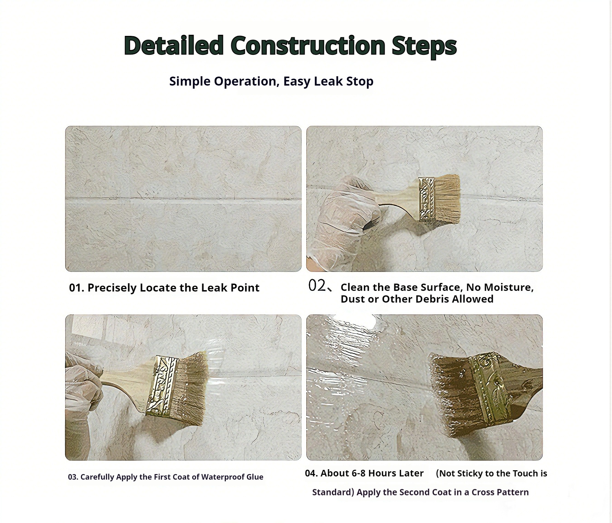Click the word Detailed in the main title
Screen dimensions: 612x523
(x=174, y=45)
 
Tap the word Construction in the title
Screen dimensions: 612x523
(x=308, y=45)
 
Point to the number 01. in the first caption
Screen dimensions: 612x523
(x=77, y=288)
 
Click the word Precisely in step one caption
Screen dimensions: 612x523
(x=112, y=288)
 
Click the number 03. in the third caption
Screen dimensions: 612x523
(x=73, y=477)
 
